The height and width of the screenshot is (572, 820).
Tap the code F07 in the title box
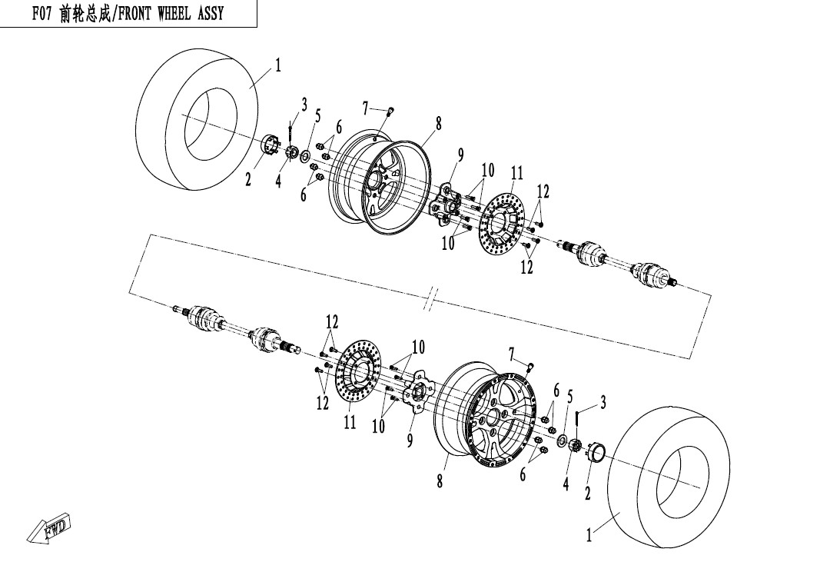click(x=42, y=14)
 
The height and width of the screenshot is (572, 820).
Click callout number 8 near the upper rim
click(x=438, y=124)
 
